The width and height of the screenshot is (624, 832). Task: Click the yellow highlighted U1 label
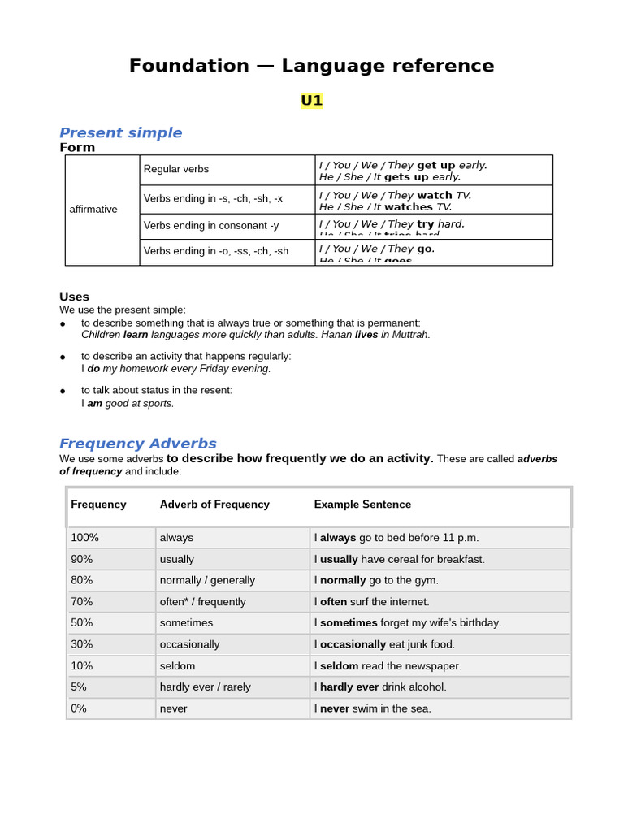coord(311,101)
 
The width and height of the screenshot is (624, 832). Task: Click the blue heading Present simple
coord(120,132)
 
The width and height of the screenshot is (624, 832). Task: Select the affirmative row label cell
coord(93,210)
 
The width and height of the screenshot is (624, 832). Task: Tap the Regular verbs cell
coord(176,169)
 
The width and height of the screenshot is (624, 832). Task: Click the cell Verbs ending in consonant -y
coord(211,226)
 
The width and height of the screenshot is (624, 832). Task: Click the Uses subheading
coord(74,297)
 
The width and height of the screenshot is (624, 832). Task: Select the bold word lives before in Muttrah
coord(366,335)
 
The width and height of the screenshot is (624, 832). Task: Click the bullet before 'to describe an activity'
coord(63,357)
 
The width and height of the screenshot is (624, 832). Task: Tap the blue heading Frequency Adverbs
coord(137,444)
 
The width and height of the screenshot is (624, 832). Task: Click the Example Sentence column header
coord(362,505)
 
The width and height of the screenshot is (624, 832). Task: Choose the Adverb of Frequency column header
coord(214,505)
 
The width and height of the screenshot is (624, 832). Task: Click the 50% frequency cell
coord(82,623)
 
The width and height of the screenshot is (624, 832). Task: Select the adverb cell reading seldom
coord(177,665)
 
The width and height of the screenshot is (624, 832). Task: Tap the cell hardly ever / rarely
coord(205,687)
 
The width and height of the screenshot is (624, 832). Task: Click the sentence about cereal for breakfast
coord(399,559)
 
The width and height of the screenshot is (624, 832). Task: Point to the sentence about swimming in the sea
coord(372,708)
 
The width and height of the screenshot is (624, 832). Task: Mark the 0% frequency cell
coord(79,708)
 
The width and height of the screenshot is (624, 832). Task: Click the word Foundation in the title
coord(188,66)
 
